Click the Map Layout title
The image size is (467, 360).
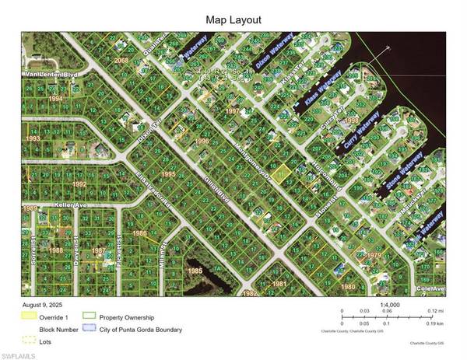[x=233, y=19]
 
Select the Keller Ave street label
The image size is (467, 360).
[x=48, y=206]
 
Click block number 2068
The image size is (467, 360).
[x=121, y=60]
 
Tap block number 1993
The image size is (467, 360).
[x=33, y=138]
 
